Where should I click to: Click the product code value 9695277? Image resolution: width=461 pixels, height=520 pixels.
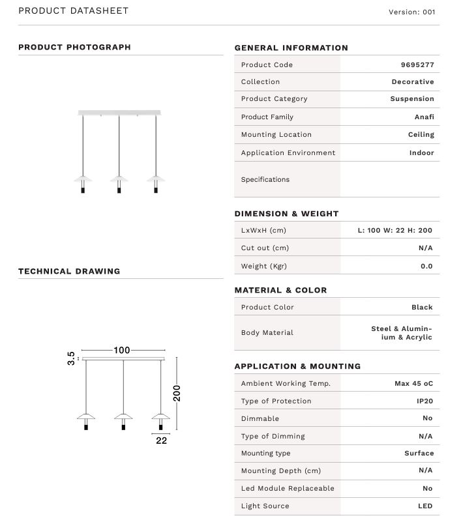[x=417, y=65]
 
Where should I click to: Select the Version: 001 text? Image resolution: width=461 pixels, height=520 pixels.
[x=411, y=12]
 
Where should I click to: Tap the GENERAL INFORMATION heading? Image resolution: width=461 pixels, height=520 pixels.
[x=291, y=48]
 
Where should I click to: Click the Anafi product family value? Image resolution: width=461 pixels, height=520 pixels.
[x=424, y=117]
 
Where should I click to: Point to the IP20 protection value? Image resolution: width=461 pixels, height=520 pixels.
[x=424, y=401]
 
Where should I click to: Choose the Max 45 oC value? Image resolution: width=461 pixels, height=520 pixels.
[x=413, y=384]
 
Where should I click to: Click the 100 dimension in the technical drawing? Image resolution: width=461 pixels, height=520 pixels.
[x=122, y=351]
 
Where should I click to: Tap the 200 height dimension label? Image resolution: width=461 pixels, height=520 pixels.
[x=177, y=393]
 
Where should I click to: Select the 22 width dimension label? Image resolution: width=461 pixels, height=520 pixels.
[x=161, y=441]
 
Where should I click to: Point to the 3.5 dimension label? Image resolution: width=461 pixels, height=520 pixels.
[x=71, y=358]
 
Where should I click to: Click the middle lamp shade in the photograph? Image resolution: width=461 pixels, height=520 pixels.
[x=119, y=178]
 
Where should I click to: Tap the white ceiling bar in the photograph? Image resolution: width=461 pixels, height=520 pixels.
[x=119, y=113]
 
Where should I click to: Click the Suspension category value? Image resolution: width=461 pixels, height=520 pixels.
[x=411, y=99]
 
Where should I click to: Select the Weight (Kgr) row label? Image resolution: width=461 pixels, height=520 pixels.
[x=263, y=266]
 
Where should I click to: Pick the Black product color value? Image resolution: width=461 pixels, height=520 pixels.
[x=422, y=307]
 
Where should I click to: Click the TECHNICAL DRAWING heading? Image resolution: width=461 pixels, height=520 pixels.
[x=69, y=271]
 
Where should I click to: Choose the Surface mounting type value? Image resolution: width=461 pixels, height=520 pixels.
[x=419, y=454]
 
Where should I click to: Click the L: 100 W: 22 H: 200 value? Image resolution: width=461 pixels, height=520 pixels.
[x=394, y=230]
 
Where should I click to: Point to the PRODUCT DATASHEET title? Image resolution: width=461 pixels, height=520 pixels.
[x=73, y=11]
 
